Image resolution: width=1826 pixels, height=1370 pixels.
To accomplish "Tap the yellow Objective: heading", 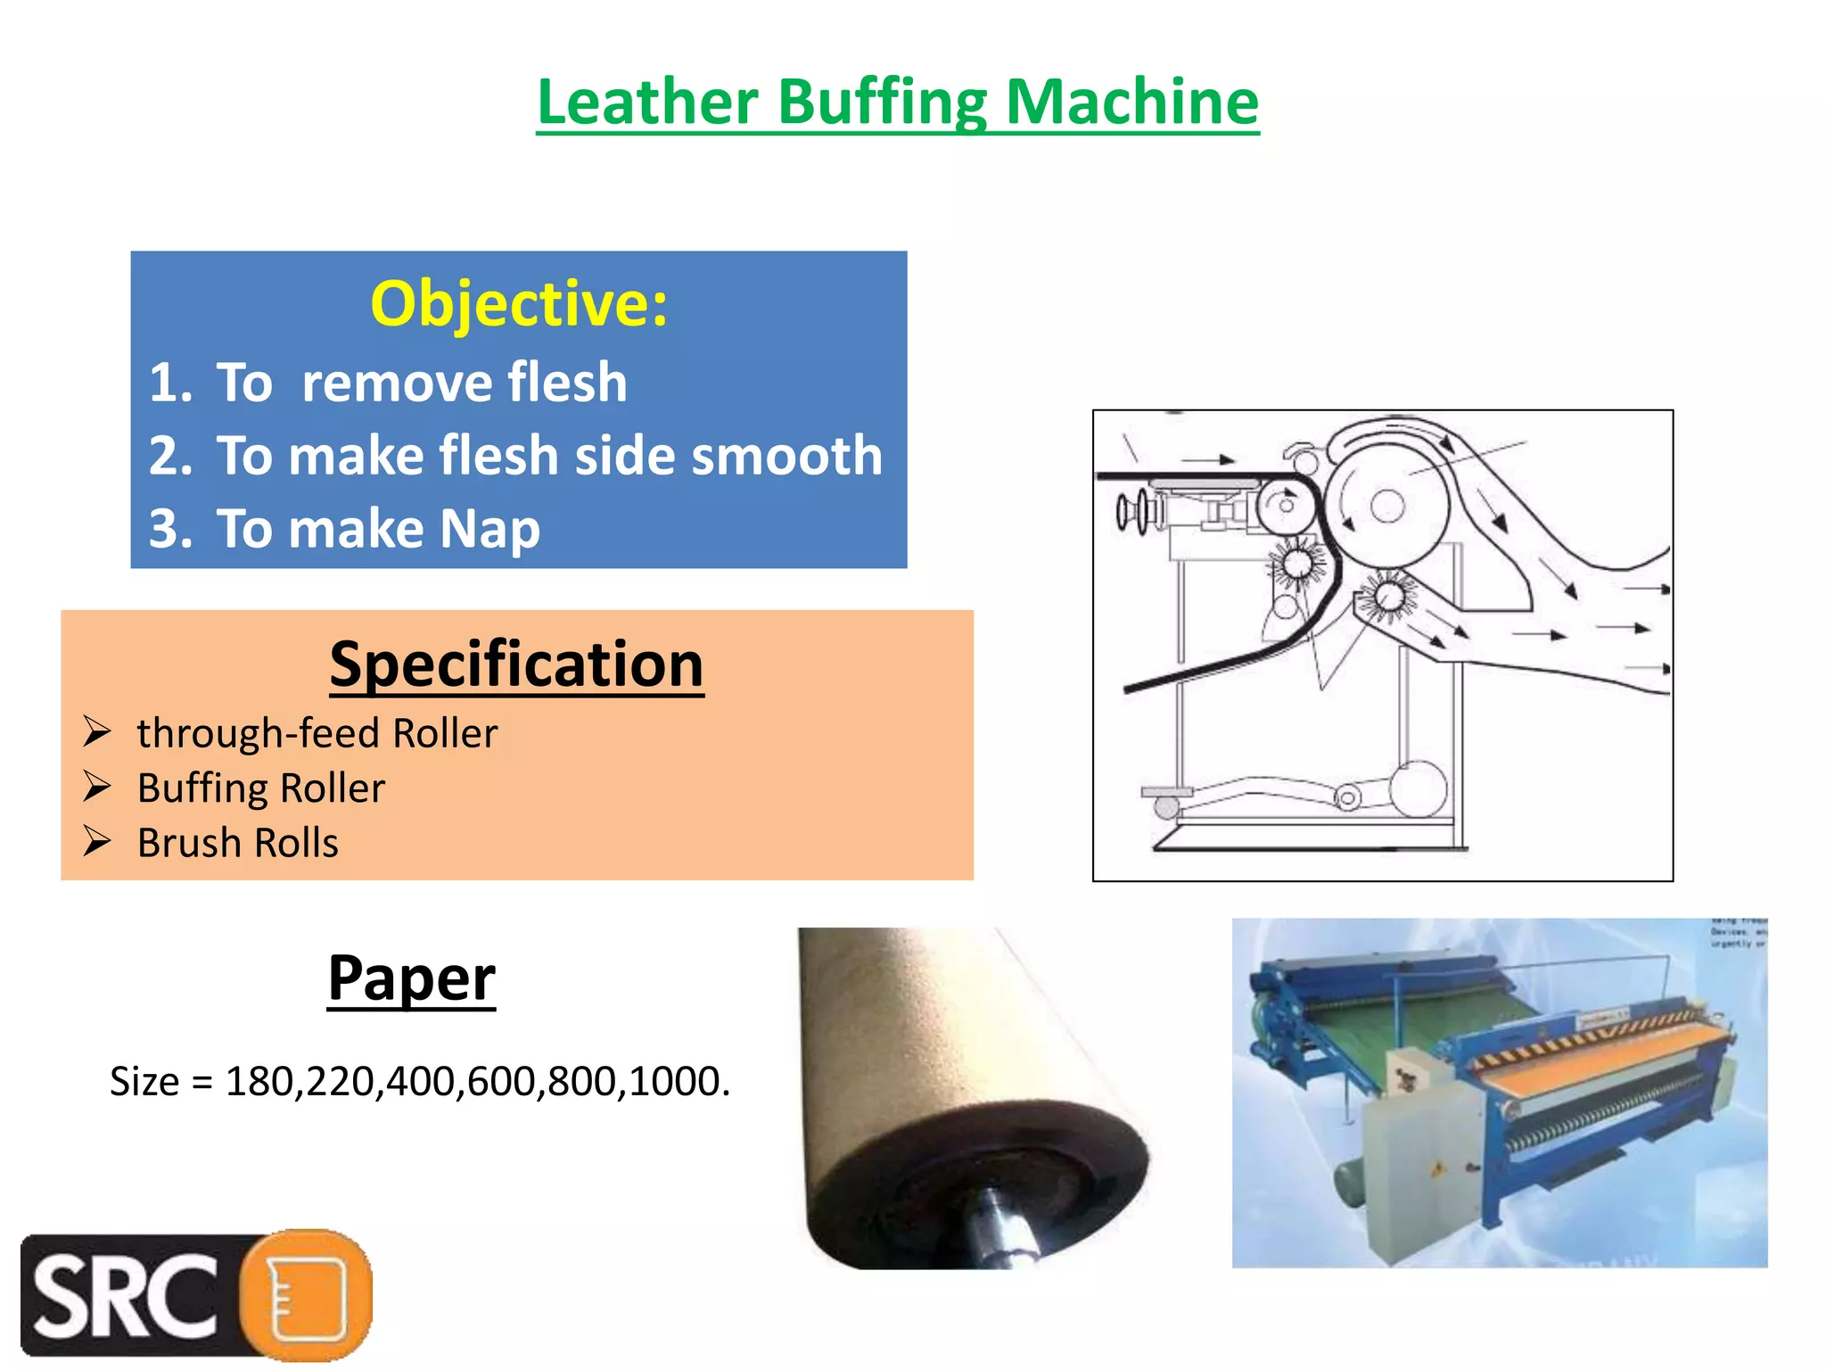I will tap(519, 304).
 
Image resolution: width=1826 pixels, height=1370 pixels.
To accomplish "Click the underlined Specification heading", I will tap(516, 664).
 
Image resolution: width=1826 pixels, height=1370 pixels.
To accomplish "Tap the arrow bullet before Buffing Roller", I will tap(96, 787).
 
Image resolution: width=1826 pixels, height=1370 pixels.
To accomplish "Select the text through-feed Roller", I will tap(317, 733).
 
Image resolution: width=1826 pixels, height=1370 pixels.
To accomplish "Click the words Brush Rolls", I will tap(237, 843).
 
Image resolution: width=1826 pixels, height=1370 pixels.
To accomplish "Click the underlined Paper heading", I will tap(411, 978).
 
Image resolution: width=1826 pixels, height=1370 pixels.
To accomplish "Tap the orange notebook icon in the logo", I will tap(308, 1295).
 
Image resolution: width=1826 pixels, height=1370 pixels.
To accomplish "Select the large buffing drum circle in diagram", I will tap(1387, 506).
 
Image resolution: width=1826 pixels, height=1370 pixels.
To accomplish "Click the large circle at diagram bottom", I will tap(1418, 789).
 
